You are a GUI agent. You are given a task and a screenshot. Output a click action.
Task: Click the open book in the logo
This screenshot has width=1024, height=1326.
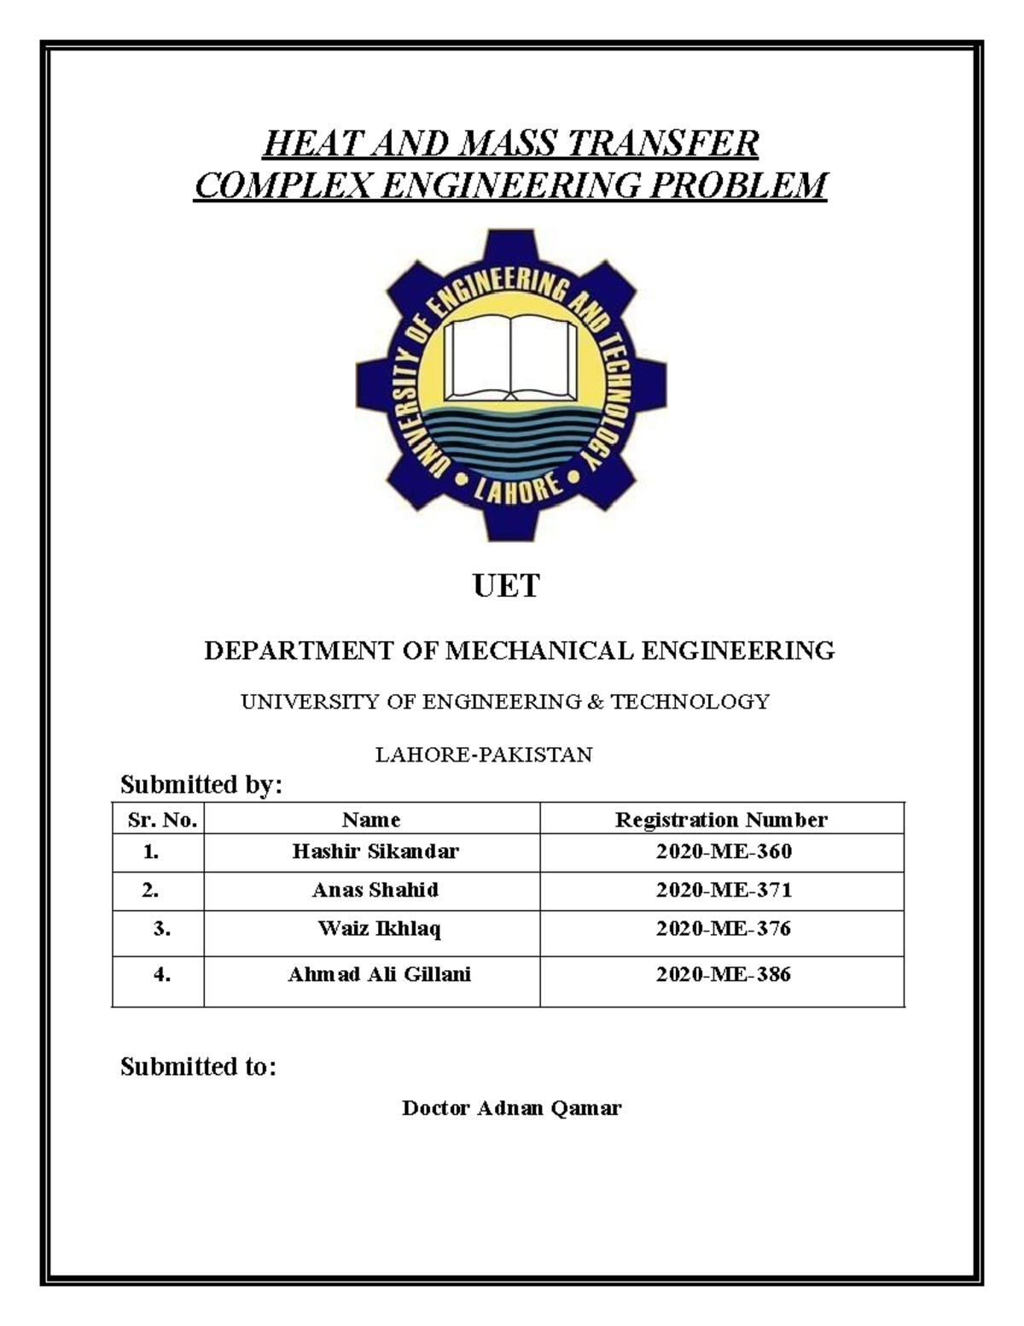coord(510,358)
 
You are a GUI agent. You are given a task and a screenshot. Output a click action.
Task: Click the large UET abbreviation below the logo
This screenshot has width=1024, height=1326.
coord(506,586)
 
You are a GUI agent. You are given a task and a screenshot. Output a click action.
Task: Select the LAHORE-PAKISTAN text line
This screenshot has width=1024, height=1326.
coord(484,755)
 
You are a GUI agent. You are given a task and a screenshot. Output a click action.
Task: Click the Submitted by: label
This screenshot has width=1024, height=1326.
coord(201,784)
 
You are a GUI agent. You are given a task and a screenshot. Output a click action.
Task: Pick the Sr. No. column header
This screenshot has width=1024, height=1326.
coord(162,820)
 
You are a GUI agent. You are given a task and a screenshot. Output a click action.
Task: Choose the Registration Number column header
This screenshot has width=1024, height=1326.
coord(721,820)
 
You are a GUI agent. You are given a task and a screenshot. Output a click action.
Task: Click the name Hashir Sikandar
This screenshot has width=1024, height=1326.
coord(375,851)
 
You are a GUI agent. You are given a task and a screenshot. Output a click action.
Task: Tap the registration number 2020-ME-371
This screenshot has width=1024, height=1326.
coord(724,890)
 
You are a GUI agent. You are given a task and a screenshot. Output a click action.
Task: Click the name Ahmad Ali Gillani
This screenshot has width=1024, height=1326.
coord(379,974)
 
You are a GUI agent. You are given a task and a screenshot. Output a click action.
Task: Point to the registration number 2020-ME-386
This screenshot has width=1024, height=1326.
coord(724,974)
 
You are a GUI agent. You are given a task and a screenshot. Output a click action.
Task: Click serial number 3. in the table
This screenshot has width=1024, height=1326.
coord(162,929)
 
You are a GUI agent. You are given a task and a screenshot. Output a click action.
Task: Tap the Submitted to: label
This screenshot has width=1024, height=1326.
coord(198,1066)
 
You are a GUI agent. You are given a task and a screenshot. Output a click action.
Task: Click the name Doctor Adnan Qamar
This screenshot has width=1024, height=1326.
coord(511,1108)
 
